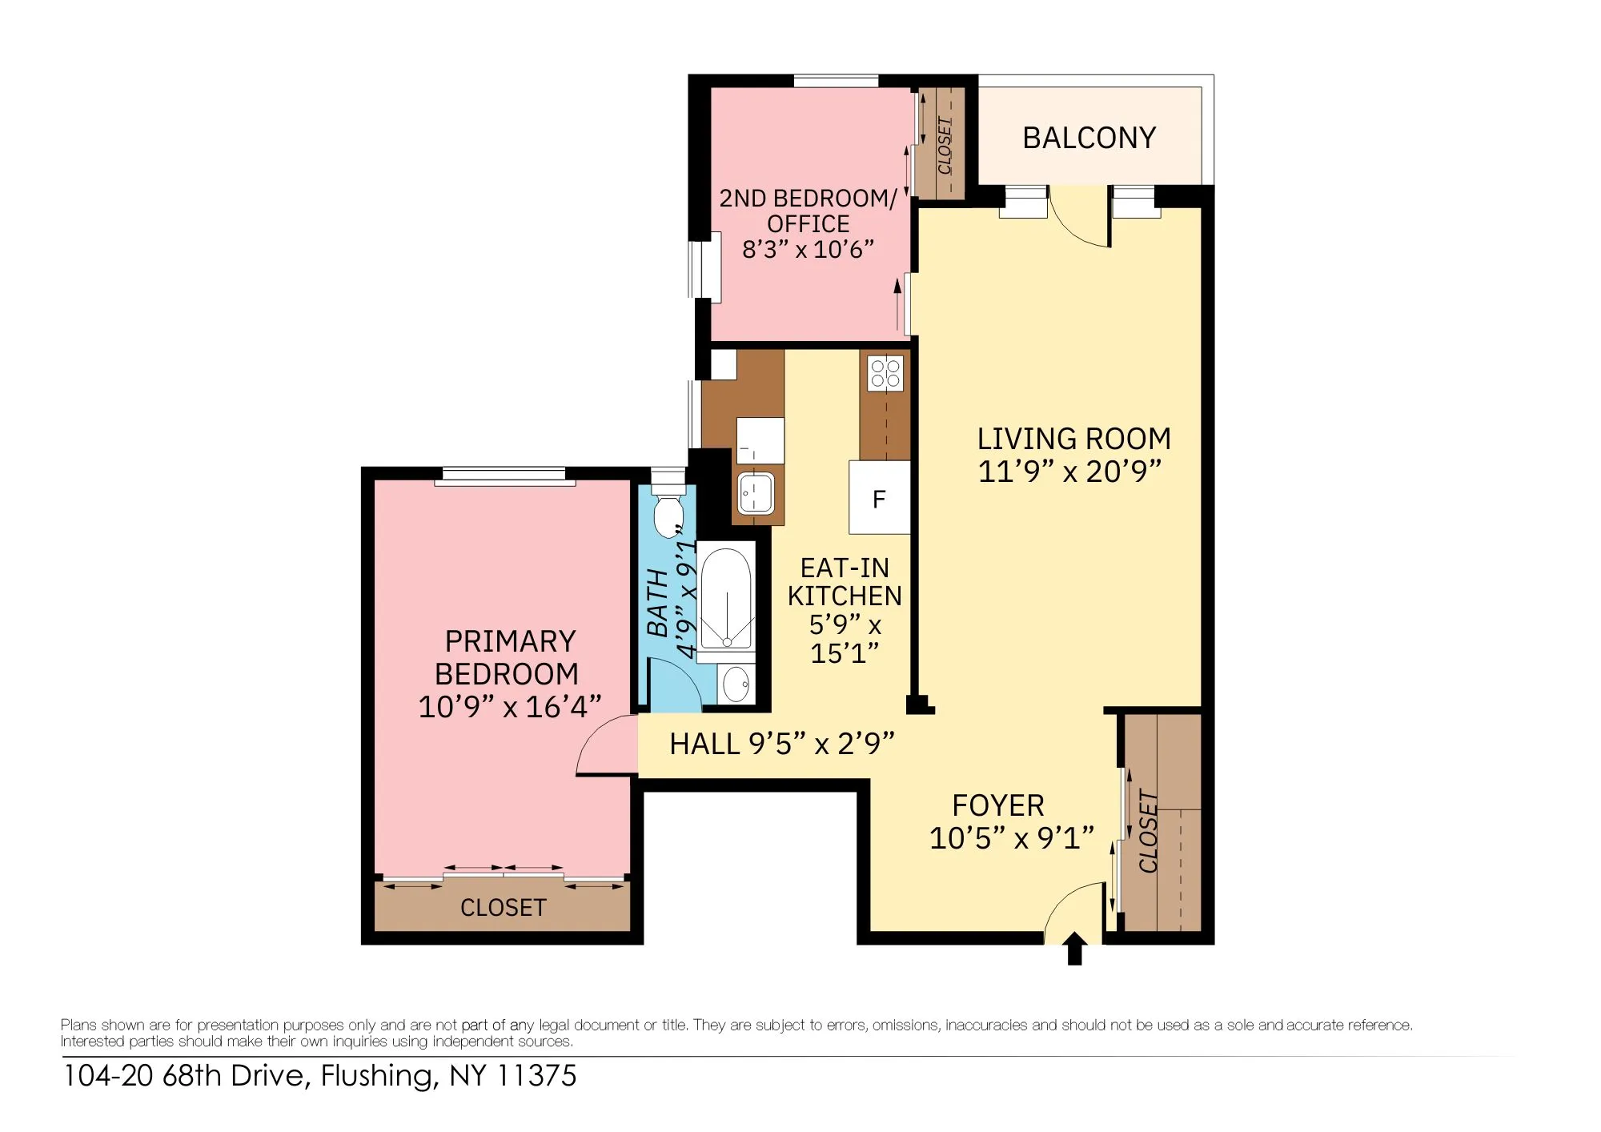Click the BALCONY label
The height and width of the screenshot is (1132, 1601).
pyautogui.click(x=1089, y=138)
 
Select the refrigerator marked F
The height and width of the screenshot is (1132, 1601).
pyautogui.click(x=879, y=498)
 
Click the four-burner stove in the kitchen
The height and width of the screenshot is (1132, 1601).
pyautogui.click(x=885, y=373)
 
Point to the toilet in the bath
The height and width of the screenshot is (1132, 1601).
pyautogui.click(x=667, y=512)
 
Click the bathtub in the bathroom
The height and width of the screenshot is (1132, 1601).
pyautogui.click(x=726, y=599)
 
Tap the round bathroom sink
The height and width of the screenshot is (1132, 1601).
pyautogui.click(x=735, y=684)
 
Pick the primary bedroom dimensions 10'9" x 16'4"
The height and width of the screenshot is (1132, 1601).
pyautogui.click(x=509, y=706)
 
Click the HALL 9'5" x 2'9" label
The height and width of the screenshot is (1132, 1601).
pyautogui.click(x=780, y=744)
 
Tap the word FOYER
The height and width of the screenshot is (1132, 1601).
pyautogui.click(x=997, y=805)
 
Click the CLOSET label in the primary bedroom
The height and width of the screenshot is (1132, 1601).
pyautogui.click(x=503, y=907)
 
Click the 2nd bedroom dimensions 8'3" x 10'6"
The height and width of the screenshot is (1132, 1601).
pyautogui.click(x=807, y=249)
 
